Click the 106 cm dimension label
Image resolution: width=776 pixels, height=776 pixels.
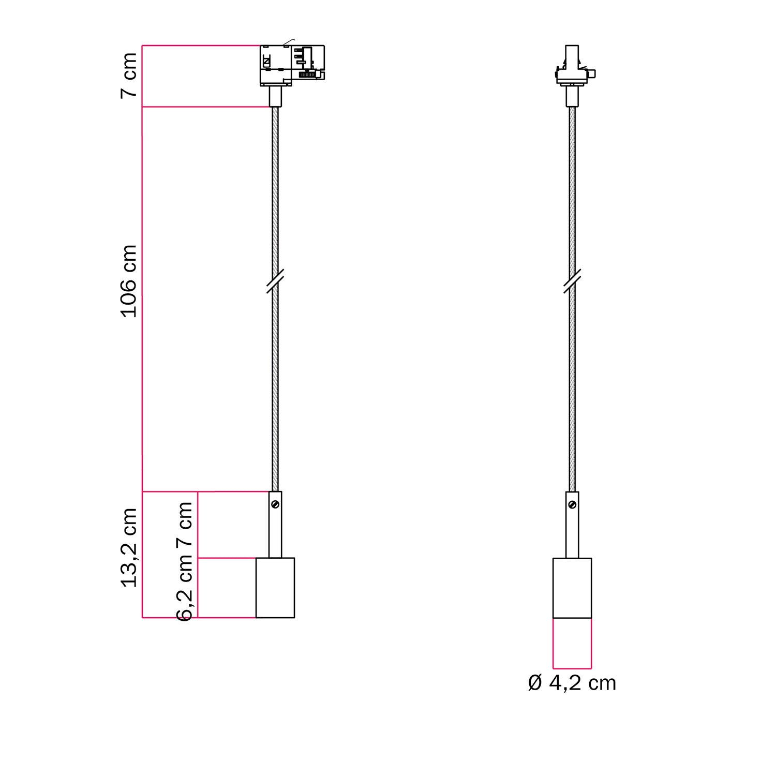tap(129, 281)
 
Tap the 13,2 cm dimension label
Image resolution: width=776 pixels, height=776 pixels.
tap(129, 547)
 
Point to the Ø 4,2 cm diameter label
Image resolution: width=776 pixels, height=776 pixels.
tap(572, 683)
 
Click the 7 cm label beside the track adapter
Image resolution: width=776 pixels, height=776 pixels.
tap(129, 75)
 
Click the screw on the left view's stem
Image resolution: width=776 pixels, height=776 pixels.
tap(275, 503)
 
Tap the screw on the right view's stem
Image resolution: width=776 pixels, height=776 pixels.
tap(572, 503)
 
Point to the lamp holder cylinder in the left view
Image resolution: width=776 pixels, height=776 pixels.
tap(275, 588)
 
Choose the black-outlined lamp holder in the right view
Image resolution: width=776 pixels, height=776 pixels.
tap(572, 588)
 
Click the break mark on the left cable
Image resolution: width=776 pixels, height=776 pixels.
tap(275, 281)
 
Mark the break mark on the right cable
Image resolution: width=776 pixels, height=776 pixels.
tap(572, 281)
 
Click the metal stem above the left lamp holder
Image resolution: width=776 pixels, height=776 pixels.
tap(275, 533)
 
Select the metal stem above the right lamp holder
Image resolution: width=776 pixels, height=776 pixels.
tap(572, 533)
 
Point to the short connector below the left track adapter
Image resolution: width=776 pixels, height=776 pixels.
tap(275, 97)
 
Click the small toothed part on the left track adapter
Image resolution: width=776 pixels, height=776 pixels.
tap(308, 75)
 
